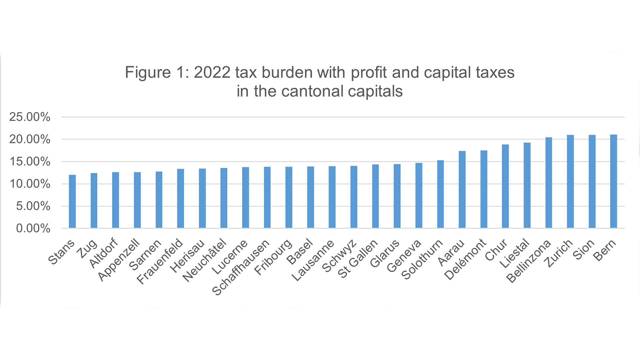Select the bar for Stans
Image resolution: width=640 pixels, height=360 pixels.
coord(72,202)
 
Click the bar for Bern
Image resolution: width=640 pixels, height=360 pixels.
coord(613,182)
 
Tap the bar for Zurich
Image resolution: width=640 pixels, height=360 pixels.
coord(570,182)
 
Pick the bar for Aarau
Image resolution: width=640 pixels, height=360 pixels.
coord(462,190)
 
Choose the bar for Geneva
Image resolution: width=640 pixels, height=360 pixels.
coord(419,196)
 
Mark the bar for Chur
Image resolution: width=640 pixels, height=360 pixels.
coord(505,186)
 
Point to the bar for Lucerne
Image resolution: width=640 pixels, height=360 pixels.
coord(245,198)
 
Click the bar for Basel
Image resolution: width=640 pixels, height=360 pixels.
coord(310,197)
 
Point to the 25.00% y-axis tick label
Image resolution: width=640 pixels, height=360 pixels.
coord(30,117)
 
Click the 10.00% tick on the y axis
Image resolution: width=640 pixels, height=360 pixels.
coord(30,184)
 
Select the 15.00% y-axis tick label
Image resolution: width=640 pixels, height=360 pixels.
coord(30,162)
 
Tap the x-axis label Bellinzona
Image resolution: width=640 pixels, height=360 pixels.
coord(529,261)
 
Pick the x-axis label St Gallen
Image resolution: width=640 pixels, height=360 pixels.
coord(358,259)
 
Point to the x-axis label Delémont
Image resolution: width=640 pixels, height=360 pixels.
coord(466,260)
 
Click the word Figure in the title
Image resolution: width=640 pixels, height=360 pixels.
coord(148,72)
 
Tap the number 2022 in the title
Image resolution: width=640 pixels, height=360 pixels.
coord(212,72)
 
